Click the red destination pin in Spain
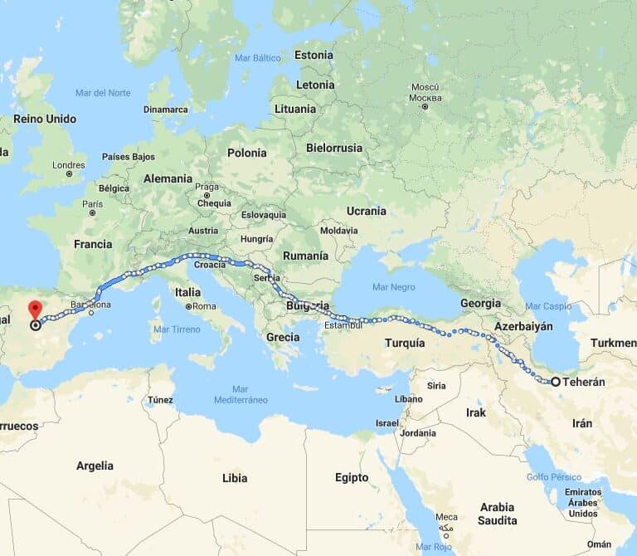pos(35,310)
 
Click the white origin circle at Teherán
pos(556,383)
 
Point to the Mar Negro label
pos(393,287)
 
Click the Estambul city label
pos(343,324)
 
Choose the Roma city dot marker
pos(189,306)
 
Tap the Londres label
pos(68,164)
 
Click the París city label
pos(92,203)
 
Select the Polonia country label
pos(247,153)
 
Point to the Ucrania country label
pos(366,211)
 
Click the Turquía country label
pos(405,343)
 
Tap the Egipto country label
pos(352,477)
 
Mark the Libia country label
pos(235,479)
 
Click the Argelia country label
pos(95,466)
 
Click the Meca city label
pos(447,517)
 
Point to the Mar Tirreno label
pos(177,329)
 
